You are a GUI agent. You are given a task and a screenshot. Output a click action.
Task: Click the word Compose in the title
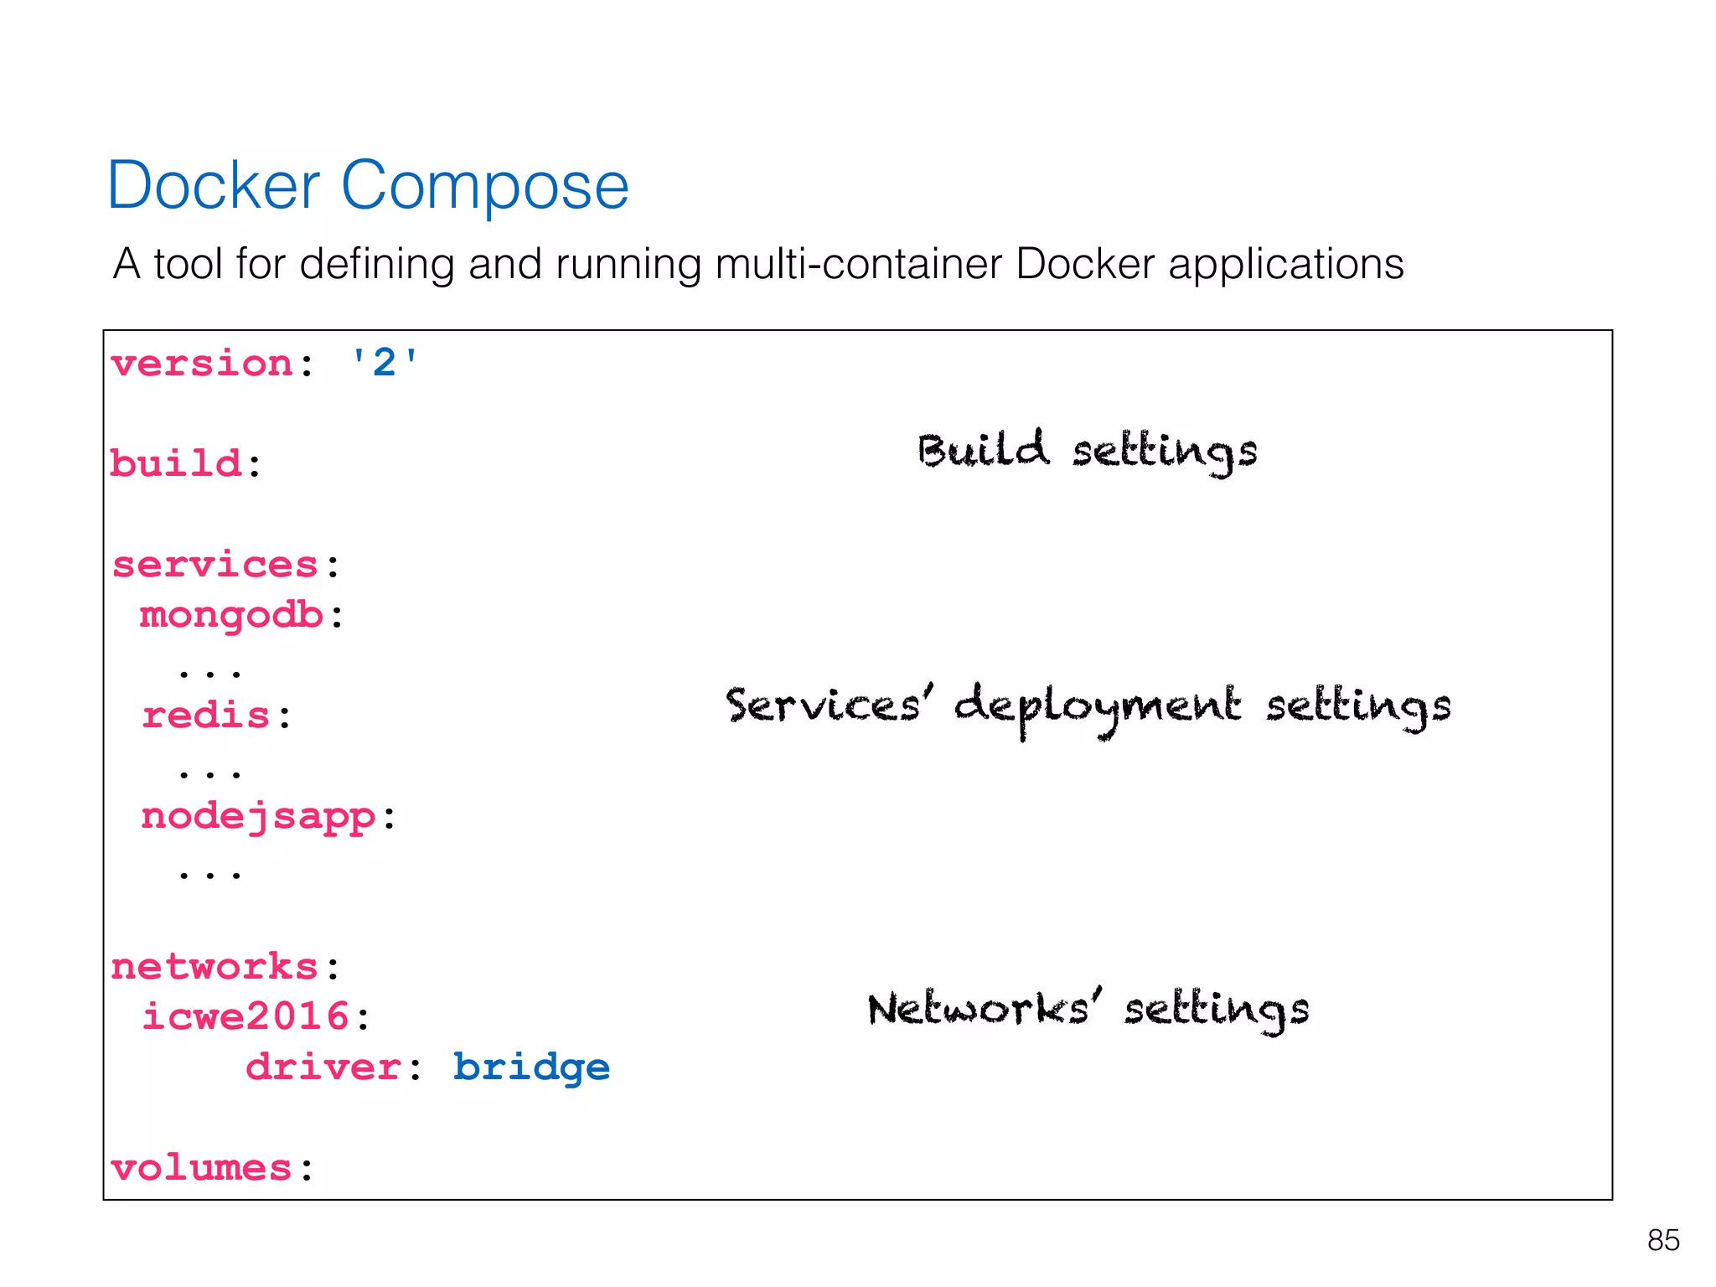pos(484,186)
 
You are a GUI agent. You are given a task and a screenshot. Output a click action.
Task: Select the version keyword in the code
pos(202,364)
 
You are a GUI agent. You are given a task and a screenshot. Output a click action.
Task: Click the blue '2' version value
pos(384,363)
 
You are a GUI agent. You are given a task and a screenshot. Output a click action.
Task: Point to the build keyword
pos(176,463)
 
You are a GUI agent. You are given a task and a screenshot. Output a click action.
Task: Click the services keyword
pos(215,565)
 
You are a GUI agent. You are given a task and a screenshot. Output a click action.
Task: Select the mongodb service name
pos(231,616)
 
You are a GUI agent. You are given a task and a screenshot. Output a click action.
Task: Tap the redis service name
pos(206,716)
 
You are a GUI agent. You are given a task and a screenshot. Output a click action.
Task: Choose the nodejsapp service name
pos(258,817)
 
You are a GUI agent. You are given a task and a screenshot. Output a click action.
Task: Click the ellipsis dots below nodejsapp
pos(209,874)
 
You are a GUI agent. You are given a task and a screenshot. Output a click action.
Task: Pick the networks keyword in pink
pos(214,967)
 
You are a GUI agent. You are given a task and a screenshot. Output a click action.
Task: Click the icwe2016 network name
pos(245,1017)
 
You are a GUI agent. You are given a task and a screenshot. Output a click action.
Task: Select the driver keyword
pos(323,1067)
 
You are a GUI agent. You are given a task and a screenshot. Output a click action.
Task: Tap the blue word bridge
pos(531,1067)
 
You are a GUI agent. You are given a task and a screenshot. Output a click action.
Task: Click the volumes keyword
pos(201,1168)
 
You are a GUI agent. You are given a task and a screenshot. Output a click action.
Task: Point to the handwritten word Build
pos(982,450)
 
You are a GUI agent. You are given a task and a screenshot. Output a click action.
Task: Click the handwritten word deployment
pos(1097,706)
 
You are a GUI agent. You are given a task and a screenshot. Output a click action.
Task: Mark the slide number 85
pos(1662,1240)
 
